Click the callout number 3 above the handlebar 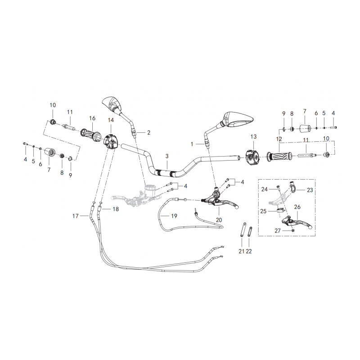[x=167, y=156]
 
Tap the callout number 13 [x=253, y=137]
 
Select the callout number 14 [x=111, y=120]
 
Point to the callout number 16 [x=92, y=118]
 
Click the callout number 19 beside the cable [x=174, y=216]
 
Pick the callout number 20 [x=219, y=220]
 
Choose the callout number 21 [x=241, y=252]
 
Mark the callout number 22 [x=249, y=252]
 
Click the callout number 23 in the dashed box [x=310, y=190]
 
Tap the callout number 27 [x=278, y=230]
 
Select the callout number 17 [x=75, y=216]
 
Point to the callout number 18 [x=116, y=209]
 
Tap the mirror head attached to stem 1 [x=238, y=119]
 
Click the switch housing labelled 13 [x=252, y=157]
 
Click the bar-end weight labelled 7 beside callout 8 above [x=305, y=129]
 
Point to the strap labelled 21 [x=242, y=229]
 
